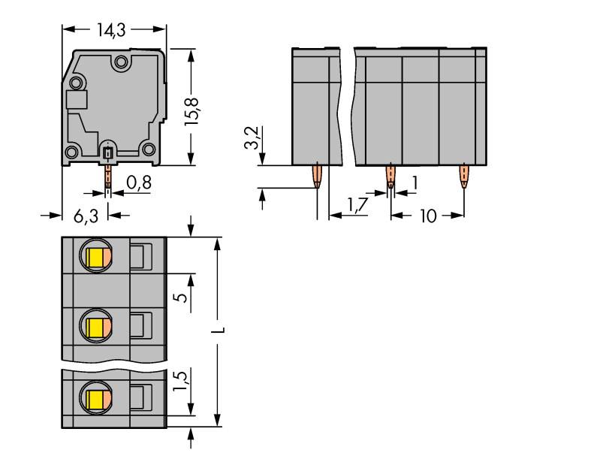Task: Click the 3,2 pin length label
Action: [x=254, y=138]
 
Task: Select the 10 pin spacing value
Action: [x=427, y=216]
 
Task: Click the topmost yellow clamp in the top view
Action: [x=95, y=258]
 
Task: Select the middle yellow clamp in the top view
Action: [x=95, y=328]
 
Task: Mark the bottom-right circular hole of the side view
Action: [x=149, y=149]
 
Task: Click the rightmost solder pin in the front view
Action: [x=463, y=178]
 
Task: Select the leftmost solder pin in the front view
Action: [x=318, y=178]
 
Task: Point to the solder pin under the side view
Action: [x=108, y=176]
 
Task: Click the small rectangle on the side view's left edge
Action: [x=76, y=100]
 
